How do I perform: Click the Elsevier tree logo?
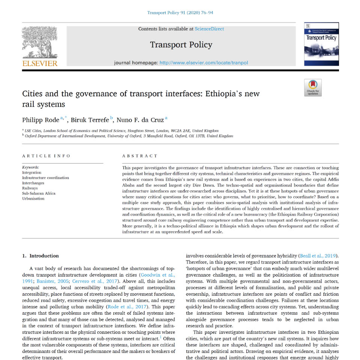pyautogui.click(x=40, y=42)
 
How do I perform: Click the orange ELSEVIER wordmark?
pyautogui.click(x=40, y=63)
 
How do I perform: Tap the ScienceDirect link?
pyautogui.click(x=209, y=29)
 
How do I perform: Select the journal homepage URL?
pyautogui.click(x=203, y=63)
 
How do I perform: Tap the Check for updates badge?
pyautogui.click(x=313, y=88)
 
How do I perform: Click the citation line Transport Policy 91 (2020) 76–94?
pyautogui.click(x=180, y=13)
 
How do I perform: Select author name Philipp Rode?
pyautogui.click(x=41, y=120)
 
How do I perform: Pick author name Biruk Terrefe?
pyautogui.click(x=90, y=120)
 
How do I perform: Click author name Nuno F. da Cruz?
pyautogui.click(x=140, y=120)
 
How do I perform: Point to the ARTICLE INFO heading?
pyautogui.click(x=46, y=156)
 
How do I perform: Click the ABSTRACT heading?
pyautogui.click(x=140, y=156)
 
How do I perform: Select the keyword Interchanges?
pyautogui.click(x=33, y=183)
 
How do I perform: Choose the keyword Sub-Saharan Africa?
pyautogui.click(x=39, y=193)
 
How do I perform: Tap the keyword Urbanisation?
pyautogui.click(x=33, y=199)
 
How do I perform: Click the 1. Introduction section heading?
pyautogui.click(x=41, y=256)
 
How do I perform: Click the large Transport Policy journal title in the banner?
pyautogui.click(x=181, y=45)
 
